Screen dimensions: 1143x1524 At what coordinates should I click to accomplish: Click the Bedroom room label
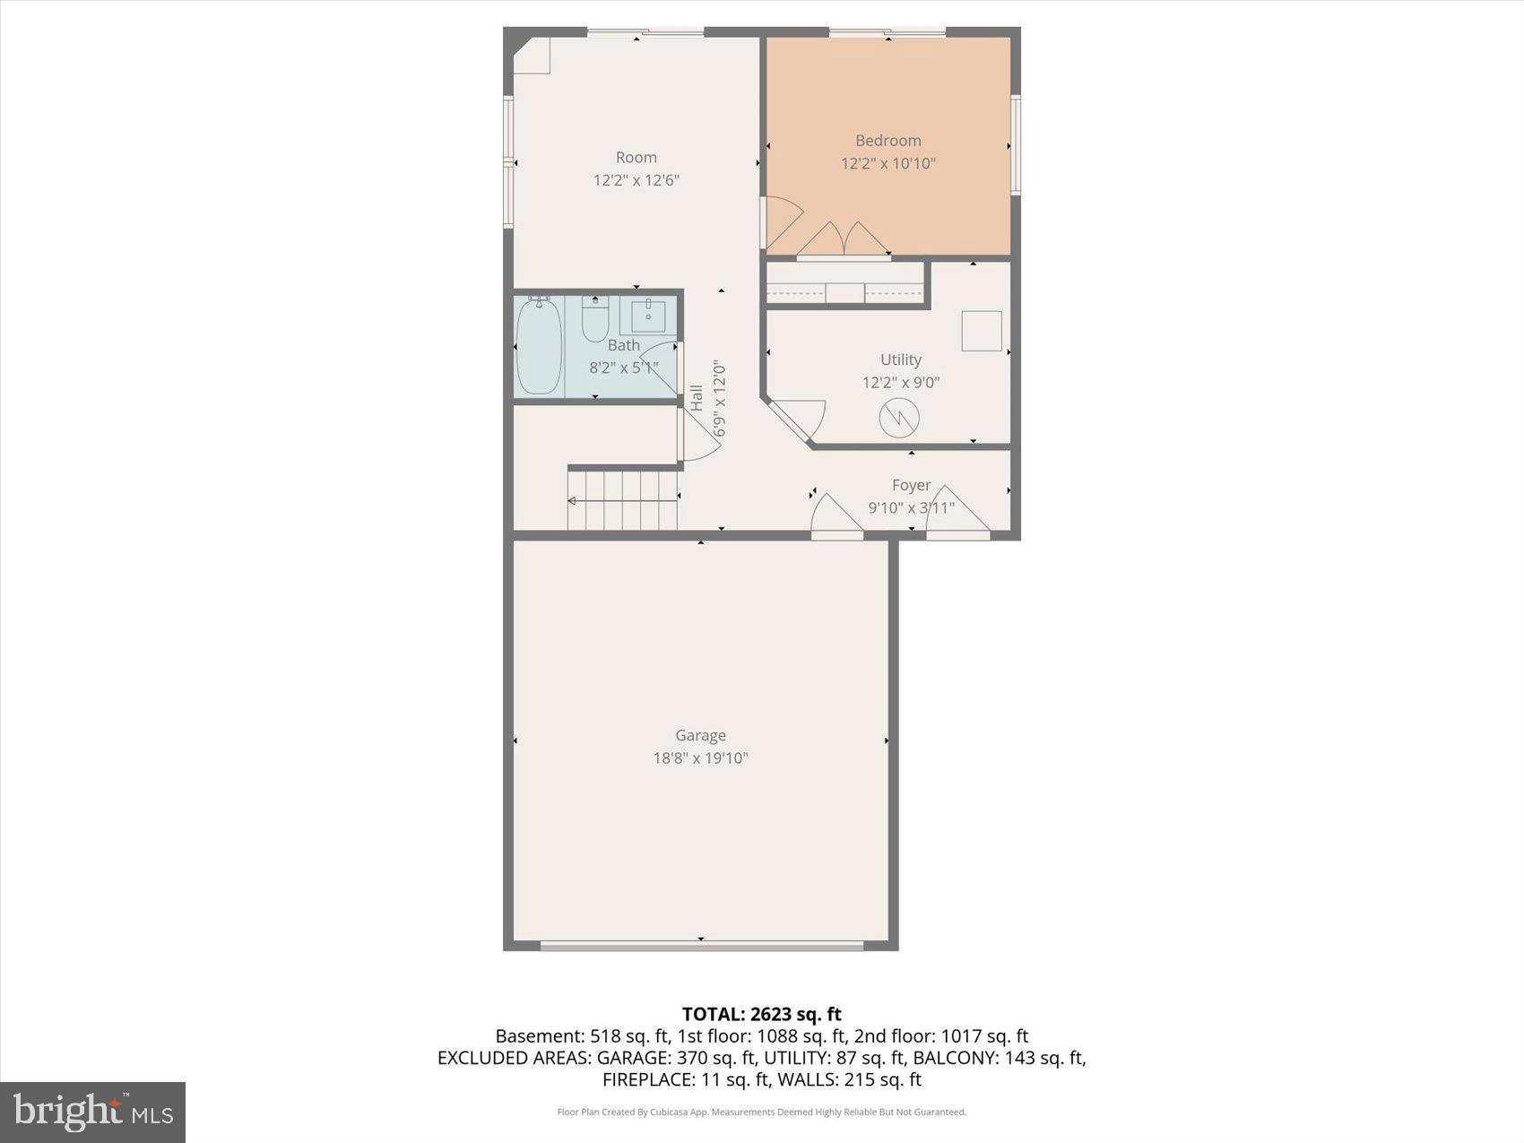888,141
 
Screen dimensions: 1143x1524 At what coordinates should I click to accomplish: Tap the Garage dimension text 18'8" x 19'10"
700,758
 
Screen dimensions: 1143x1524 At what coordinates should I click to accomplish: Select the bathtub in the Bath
538,345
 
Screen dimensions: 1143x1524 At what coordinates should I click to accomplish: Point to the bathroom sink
647,315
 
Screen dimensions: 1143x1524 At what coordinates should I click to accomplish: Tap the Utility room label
900,359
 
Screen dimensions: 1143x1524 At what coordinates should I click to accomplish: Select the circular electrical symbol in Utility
899,418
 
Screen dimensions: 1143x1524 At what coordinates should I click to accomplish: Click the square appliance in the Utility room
982,331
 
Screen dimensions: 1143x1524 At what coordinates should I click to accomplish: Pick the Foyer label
911,485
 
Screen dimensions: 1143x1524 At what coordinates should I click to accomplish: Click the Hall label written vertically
697,398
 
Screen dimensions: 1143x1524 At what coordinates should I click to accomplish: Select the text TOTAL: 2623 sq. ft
761,1014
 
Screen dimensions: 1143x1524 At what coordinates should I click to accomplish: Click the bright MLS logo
92,1112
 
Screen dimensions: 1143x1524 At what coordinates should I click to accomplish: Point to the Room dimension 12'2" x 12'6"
636,180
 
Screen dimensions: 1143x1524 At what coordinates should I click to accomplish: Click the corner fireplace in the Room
533,56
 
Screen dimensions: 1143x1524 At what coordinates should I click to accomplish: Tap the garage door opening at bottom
701,945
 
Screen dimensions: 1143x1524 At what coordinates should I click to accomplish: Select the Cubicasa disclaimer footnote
761,1113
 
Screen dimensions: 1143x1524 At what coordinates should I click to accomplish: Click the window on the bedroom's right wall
1016,144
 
